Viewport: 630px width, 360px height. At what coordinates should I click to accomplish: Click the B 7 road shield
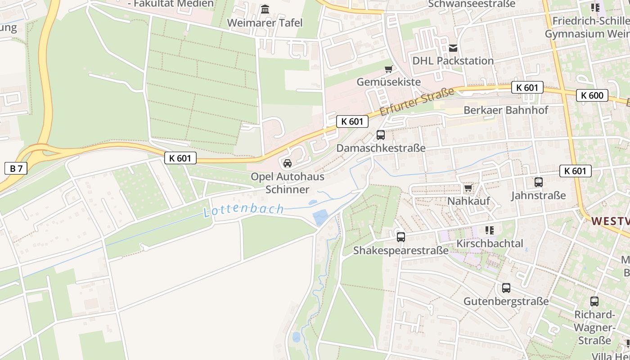pos(16,169)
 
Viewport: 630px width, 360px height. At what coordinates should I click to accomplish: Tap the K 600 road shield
pos(592,95)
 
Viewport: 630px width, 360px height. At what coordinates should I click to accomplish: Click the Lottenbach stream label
pos(244,210)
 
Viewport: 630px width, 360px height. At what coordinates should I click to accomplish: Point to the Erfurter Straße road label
pos(417,102)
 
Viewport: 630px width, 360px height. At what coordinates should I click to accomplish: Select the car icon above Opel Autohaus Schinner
pos(288,163)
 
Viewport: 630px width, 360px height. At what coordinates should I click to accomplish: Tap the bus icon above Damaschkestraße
pos(380,135)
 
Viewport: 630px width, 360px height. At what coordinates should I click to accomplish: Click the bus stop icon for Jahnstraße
pos(538,182)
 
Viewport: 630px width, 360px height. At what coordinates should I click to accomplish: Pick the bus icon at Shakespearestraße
pos(400,237)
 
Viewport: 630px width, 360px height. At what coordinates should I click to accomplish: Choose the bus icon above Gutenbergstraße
pos(506,288)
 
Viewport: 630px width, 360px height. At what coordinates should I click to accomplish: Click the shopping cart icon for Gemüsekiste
pos(388,69)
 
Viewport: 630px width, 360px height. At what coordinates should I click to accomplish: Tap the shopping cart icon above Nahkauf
pos(468,188)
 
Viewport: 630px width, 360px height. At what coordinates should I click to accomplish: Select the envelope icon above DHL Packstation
pos(453,48)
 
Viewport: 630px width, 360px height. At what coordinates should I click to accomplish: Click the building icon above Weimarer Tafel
pos(265,9)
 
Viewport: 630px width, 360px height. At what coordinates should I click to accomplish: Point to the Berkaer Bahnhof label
pos(506,110)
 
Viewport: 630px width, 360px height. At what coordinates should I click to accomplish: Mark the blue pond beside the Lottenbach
pos(320,217)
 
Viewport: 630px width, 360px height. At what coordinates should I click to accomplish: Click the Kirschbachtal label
pos(490,243)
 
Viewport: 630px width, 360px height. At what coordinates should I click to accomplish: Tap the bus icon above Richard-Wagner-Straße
pos(594,301)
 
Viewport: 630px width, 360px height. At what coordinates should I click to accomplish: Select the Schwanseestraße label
pos(472,4)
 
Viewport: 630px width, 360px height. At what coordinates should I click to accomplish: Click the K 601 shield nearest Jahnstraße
pos(575,171)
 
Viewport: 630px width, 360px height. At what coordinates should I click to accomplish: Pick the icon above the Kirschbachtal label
pos(490,230)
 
